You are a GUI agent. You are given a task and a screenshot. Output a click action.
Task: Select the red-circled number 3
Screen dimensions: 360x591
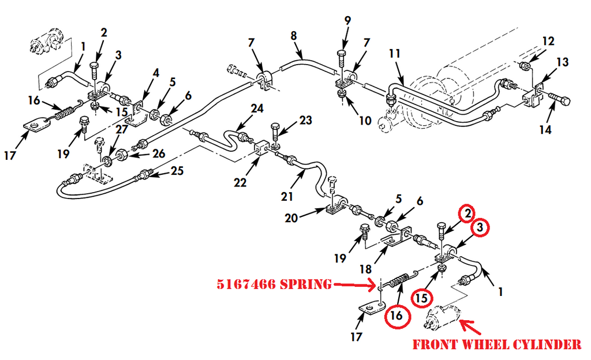click(478, 227)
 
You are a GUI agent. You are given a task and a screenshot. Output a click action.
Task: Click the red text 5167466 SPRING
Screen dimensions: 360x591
click(274, 284)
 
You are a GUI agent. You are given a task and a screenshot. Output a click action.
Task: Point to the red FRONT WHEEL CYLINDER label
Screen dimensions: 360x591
click(496, 345)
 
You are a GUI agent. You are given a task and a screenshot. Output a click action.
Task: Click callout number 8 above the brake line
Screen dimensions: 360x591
click(294, 36)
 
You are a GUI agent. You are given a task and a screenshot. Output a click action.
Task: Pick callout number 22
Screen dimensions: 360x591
click(240, 182)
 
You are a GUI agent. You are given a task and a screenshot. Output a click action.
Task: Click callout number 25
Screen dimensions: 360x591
click(177, 171)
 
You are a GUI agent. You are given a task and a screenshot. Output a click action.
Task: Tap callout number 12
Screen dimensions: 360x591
click(548, 41)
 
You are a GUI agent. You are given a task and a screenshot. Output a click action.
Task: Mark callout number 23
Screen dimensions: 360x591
click(305, 121)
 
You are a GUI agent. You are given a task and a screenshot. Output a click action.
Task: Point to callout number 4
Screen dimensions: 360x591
click(155, 73)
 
